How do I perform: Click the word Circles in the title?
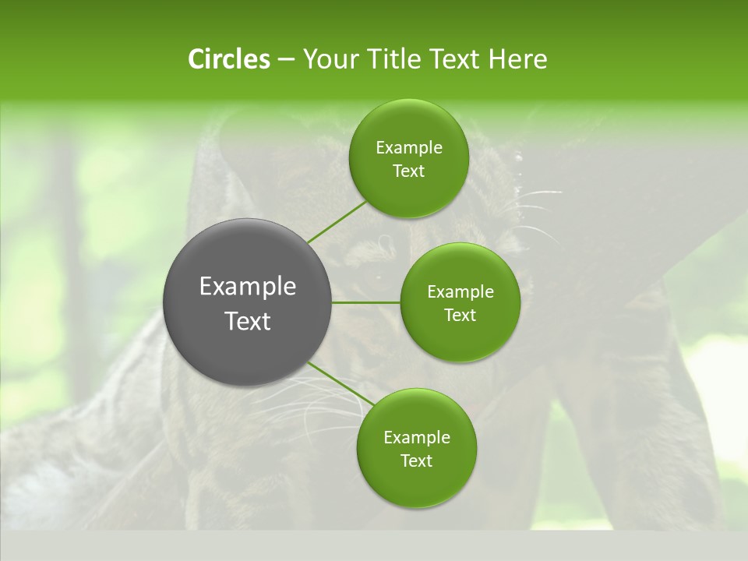pyautogui.click(x=228, y=59)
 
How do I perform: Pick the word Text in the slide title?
pyautogui.click(x=455, y=59)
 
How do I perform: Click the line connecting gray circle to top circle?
pyautogui.click(x=336, y=222)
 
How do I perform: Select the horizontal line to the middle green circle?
pyautogui.click(x=366, y=302)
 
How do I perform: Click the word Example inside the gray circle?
pyautogui.click(x=248, y=287)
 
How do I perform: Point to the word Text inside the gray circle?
pyautogui.click(x=248, y=321)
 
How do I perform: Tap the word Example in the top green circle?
pyautogui.click(x=409, y=148)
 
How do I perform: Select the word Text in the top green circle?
pyautogui.click(x=409, y=171)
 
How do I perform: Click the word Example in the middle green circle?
pyautogui.click(x=460, y=292)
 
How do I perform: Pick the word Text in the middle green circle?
pyautogui.click(x=460, y=315)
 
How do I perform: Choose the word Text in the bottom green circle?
pyautogui.click(x=417, y=460)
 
